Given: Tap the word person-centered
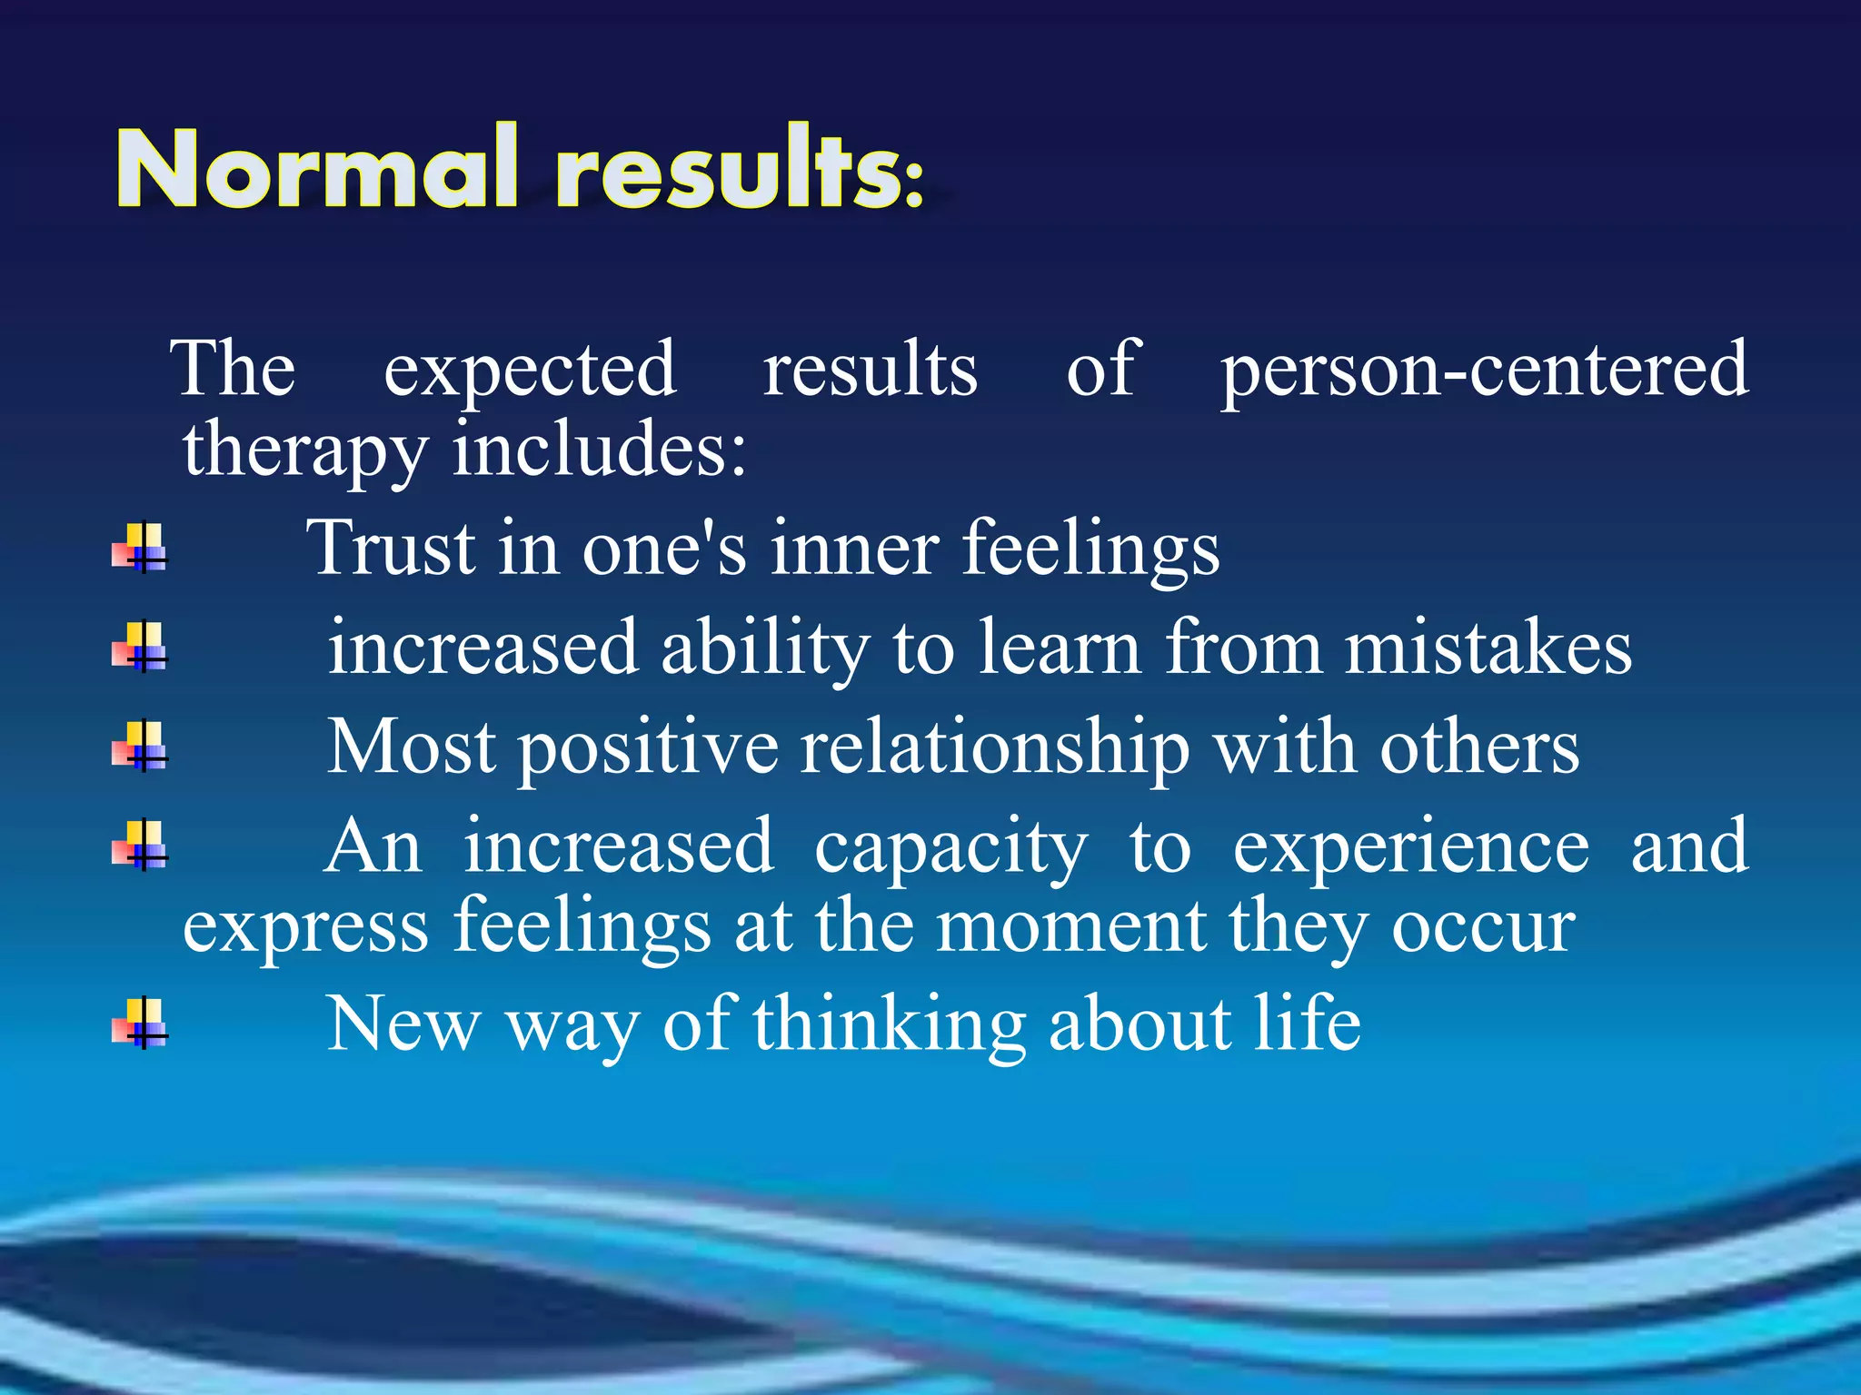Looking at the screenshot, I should [1483, 371].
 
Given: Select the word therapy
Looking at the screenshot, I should [304, 450].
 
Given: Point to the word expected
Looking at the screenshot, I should [530, 371].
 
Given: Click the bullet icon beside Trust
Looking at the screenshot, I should [140, 548].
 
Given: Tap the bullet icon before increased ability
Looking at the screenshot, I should [140, 647].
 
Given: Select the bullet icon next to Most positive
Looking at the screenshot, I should [140, 747].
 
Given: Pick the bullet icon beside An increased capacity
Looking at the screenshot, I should [140, 846].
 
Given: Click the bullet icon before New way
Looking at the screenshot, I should [140, 1024].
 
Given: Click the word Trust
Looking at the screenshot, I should [391, 549].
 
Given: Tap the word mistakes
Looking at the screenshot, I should [1488, 648].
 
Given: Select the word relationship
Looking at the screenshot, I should [994, 748].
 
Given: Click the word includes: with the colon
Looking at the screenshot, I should [599, 449].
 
